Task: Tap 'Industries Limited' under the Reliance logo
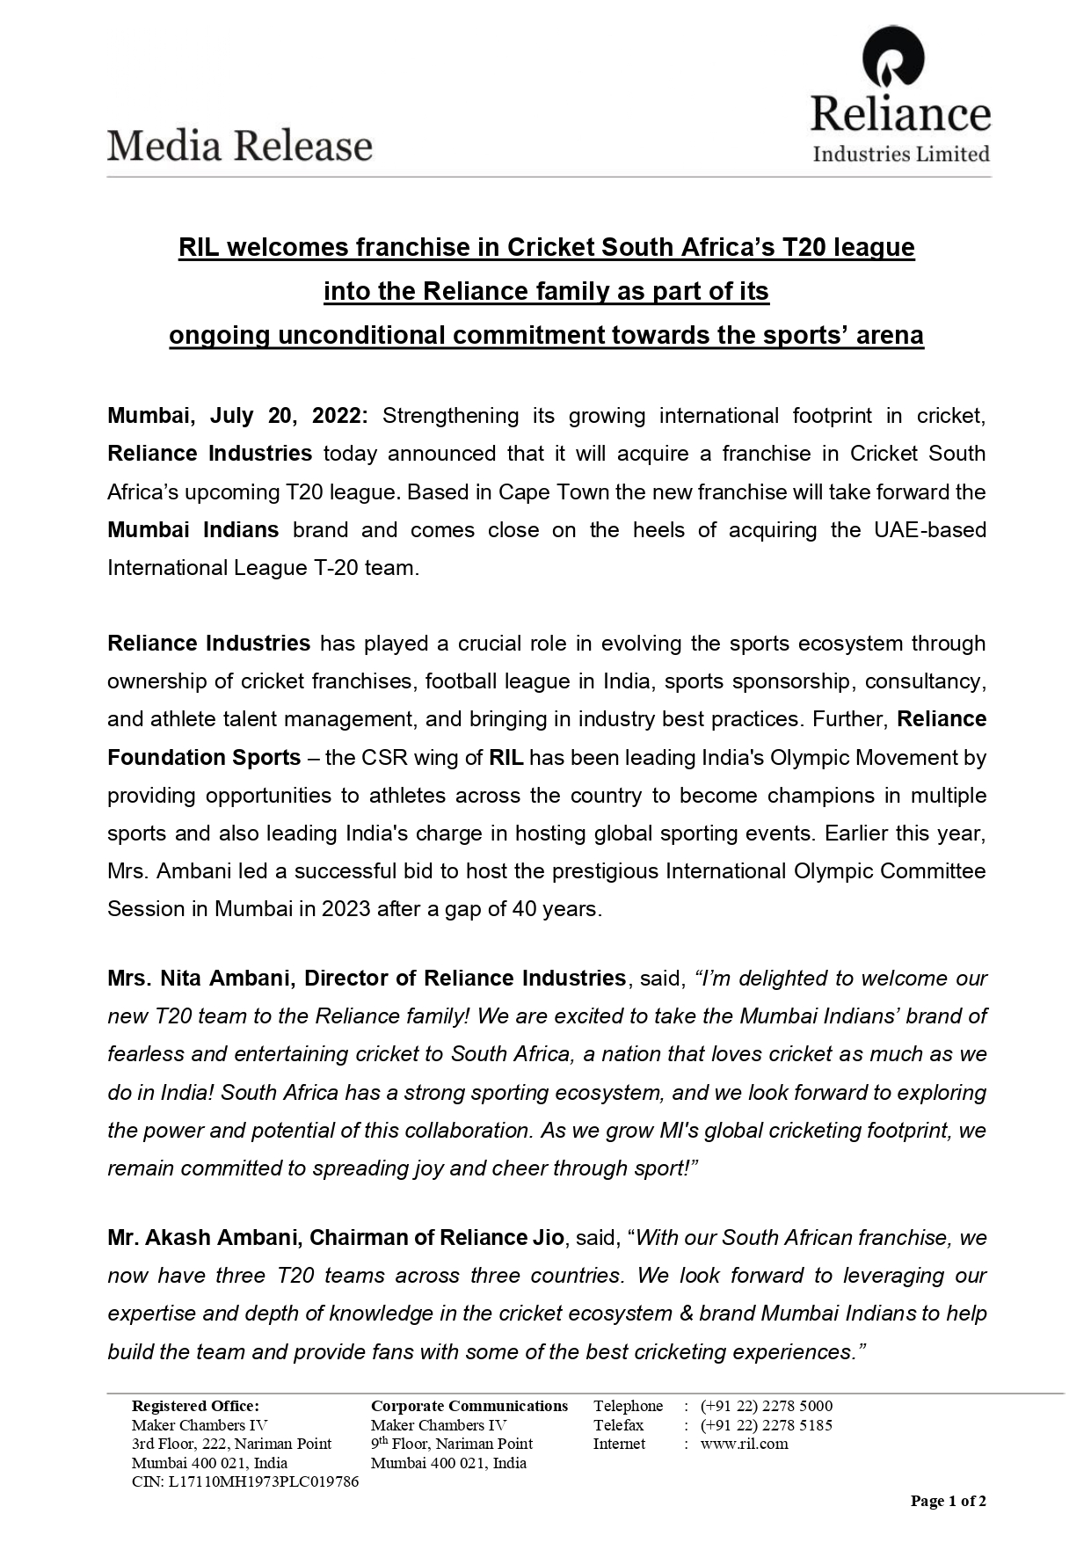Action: point(901,154)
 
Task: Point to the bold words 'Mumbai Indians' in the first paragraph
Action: point(193,530)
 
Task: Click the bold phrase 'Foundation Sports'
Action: point(204,758)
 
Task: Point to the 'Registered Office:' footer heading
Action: point(195,1406)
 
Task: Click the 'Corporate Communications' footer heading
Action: point(469,1406)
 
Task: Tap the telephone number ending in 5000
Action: point(767,1406)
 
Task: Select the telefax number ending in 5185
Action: point(767,1425)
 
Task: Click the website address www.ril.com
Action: point(745,1444)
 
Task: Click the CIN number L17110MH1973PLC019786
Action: point(264,1481)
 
